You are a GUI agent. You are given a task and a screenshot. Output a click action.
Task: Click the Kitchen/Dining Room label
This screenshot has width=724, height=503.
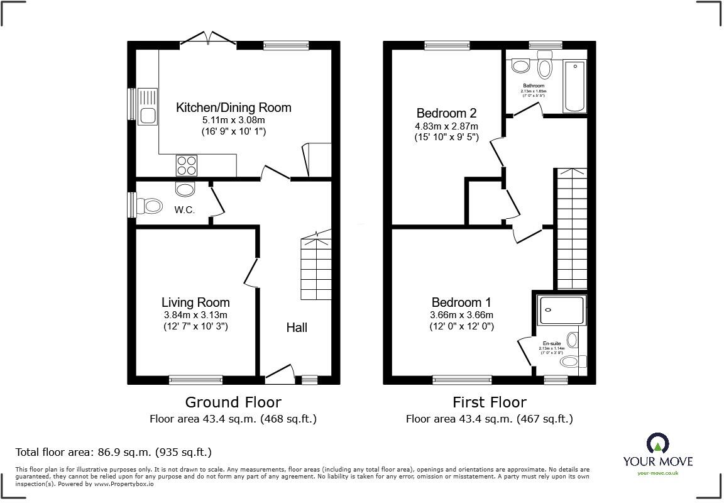pyautogui.click(x=233, y=108)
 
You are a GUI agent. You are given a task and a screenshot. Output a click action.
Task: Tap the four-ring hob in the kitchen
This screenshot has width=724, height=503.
pyautogui.click(x=187, y=165)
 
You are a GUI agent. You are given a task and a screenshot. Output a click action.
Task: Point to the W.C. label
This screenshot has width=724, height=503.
pyautogui.click(x=184, y=210)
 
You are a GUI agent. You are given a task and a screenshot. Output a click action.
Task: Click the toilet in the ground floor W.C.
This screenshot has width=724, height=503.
pyautogui.click(x=151, y=205)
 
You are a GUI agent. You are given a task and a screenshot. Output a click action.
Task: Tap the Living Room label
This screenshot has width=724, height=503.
pyautogui.click(x=195, y=302)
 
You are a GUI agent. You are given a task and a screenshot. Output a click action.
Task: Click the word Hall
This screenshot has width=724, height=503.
pyautogui.click(x=297, y=328)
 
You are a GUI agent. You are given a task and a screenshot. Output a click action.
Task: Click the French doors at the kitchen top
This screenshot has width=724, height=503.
pyautogui.click(x=208, y=38)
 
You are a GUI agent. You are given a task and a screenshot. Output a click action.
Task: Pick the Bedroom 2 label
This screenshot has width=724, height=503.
pyautogui.click(x=446, y=113)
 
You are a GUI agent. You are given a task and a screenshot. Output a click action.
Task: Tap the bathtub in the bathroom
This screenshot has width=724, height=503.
pyautogui.click(x=574, y=86)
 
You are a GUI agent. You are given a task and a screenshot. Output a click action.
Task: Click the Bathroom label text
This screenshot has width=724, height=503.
pyautogui.click(x=534, y=86)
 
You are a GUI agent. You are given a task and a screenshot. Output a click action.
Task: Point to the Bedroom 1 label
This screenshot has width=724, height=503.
pyautogui.click(x=461, y=302)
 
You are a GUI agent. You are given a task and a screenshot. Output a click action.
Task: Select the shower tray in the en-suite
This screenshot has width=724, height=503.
pyautogui.click(x=561, y=310)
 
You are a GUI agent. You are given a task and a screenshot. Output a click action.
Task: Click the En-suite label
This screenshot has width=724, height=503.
pyautogui.click(x=551, y=343)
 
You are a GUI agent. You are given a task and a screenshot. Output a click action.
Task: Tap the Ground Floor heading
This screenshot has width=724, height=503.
pyautogui.click(x=233, y=402)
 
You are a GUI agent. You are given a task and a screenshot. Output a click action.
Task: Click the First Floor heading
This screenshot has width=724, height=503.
pyautogui.click(x=489, y=402)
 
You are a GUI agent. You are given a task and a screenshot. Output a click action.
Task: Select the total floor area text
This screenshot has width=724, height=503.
pyautogui.click(x=113, y=451)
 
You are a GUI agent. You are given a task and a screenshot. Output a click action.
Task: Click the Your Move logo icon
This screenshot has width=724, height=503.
pyautogui.click(x=657, y=443)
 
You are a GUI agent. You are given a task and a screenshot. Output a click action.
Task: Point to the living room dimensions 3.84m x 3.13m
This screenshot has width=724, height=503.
pyautogui.click(x=195, y=315)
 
